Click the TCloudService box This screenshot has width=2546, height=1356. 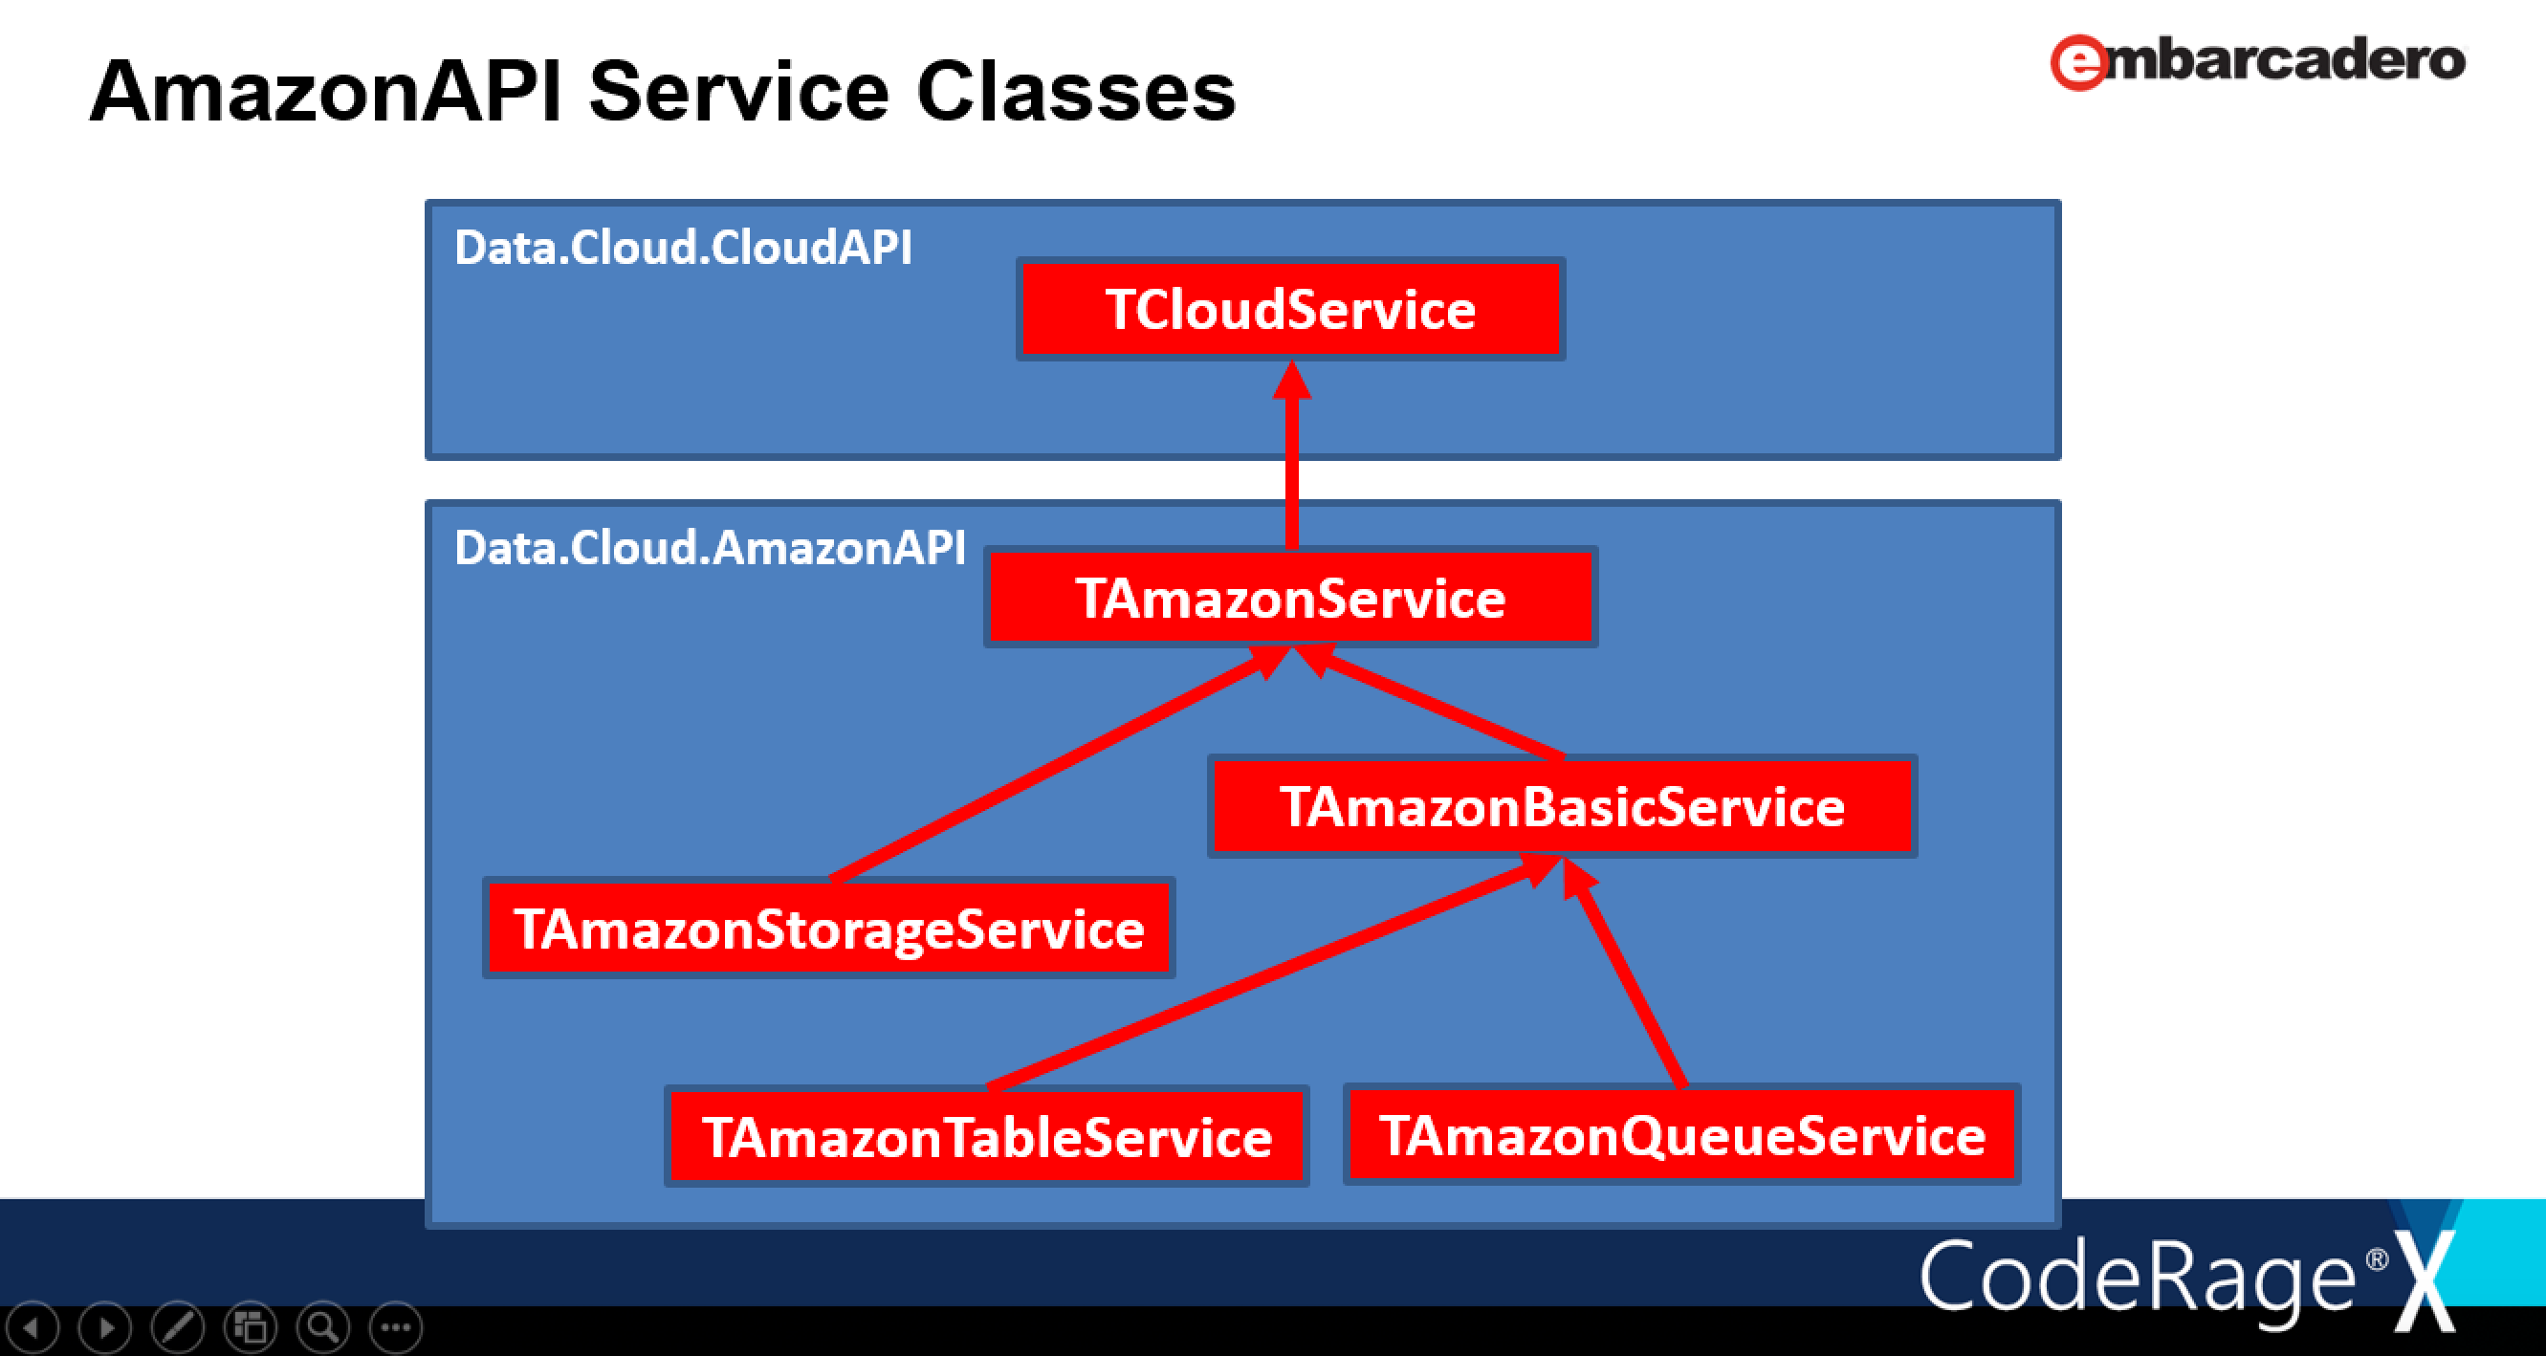pyautogui.click(x=1291, y=309)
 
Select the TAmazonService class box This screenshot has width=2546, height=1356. pyautogui.click(x=1291, y=597)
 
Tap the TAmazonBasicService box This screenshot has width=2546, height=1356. pyautogui.click(x=1563, y=806)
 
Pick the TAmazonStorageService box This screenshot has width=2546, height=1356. pyautogui.click(x=829, y=928)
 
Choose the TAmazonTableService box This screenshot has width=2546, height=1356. pyautogui.click(x=987, y=1136)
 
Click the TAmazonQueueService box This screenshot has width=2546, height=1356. pyautogui.click(x=1682, y=1134)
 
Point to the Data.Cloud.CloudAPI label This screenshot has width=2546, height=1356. pyautogui.click(x=683, y=247)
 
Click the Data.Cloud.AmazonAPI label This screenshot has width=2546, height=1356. pyautogui.click(x=710, y=548)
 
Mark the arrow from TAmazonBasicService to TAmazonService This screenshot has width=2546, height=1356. pyautogui.click(x=1429, y=701)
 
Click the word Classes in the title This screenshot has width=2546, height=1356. pyautogui.click(x=1076, y=91)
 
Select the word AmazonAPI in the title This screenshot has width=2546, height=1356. pyautogui.click(x=326, y=91)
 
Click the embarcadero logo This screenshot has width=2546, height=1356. pyautogui.click(x=2257, y=61)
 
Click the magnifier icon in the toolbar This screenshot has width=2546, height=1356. pyautogui.click(x=322, y=1327)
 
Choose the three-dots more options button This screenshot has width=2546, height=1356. pyautogui.click(x=395, y=1327)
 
